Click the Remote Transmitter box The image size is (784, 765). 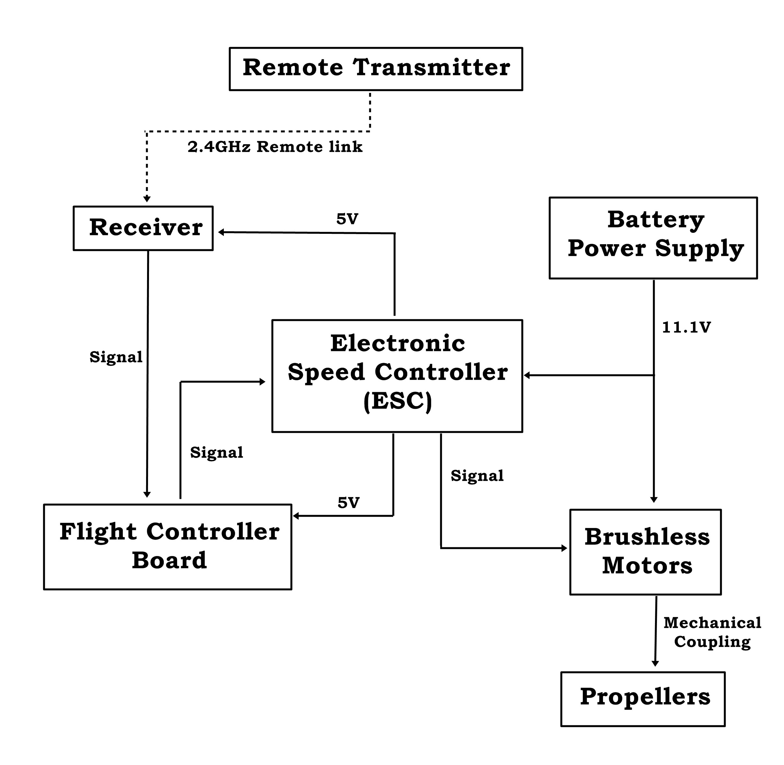click(x=375, y=69)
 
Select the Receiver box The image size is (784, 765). click(x=143, y=228)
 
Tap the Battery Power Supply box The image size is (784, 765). click(x=653, y=238)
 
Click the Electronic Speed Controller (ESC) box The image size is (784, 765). click(x=397, y=376)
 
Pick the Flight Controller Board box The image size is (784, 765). click(x=168, y=547)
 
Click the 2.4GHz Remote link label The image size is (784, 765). click(x=275, y=147)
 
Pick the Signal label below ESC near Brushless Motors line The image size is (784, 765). click(x=477, y=476)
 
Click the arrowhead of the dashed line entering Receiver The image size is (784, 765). click(x=147, y=199)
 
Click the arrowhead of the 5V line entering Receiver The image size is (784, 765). click(x=221, y=232)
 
